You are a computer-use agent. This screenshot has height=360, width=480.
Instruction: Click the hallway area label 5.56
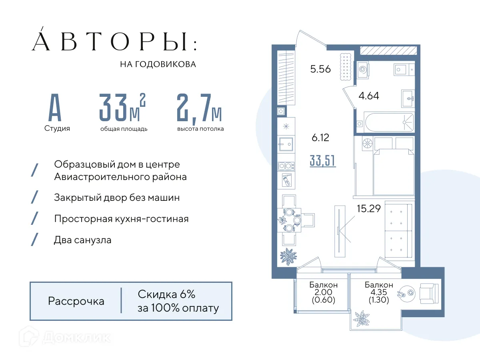click(x=320, y=69)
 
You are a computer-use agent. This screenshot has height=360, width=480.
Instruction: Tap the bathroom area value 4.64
click(x=368, y=96)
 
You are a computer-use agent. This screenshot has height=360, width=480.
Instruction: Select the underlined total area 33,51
click(x=322, y=161)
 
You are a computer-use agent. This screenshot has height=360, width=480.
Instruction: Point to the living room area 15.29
click(x=368, y=208)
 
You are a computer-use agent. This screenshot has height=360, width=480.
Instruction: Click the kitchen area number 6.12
click(x=320, y=138)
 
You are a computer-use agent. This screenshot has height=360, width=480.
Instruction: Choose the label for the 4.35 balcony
click(x=378, y=292)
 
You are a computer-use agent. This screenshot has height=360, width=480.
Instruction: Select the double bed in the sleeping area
click(x=392, y=172)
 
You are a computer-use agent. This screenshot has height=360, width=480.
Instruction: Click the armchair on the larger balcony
click(x=429, y=293)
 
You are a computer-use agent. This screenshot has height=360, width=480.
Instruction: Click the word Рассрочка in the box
click(x=76, y=301)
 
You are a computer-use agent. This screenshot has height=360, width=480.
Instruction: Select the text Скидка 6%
click(x=166, y=295)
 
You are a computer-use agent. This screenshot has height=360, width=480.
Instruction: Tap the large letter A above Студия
click(x=55, y=108)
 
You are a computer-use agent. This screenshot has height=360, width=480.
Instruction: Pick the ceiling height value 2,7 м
click(x=199, y=108)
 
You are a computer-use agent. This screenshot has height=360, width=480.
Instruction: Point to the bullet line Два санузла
click(x=82, y=240)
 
